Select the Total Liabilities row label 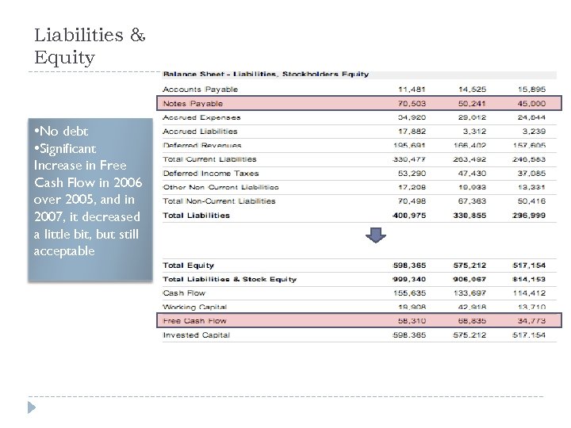click(x=196, y=215)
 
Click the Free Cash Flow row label click(x=194, y=321)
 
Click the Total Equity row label click(x=188, y=266)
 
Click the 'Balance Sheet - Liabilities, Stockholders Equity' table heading click(x=266, y=75)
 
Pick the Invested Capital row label click(x=196, y=335)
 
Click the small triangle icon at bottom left click(x=33, y=407)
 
